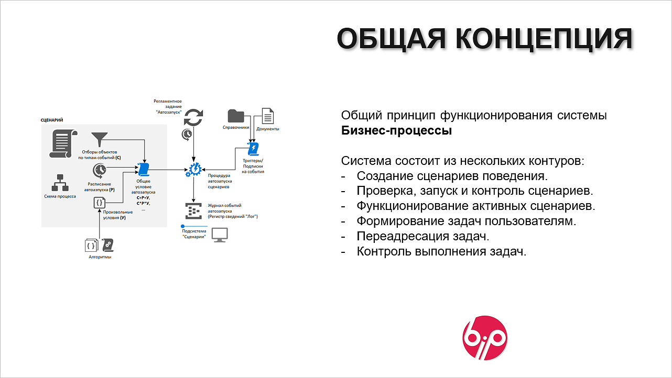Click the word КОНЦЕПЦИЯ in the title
[x=545, y=39]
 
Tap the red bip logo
[x=485, y=338]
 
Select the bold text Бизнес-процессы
[x=396, y=130]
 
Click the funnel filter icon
[x=99, y=139]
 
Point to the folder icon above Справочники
[x=236, y=116]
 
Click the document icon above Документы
[x=268, y=116]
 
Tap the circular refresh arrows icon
[x=193, y=117]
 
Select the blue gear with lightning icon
[x=194, y=170]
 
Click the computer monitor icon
[x=220, y=235]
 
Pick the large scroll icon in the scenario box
[x=63, y=143]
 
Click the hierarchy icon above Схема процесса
[x=60, y=183]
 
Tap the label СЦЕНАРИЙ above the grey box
[x=52, y=120]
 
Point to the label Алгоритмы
[x=100, y=257]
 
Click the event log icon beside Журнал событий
[x=193, y=211]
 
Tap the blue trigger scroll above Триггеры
[x=253, y=149]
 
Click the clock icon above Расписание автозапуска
[x=100, y=171]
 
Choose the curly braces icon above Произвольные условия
[x=99, y=203]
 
